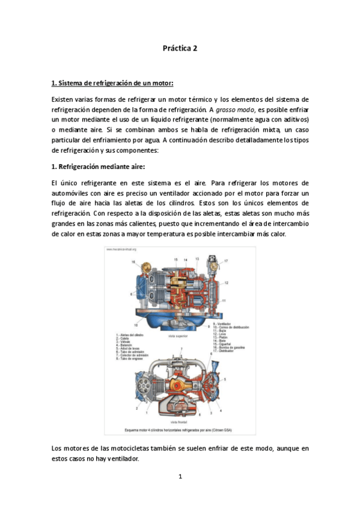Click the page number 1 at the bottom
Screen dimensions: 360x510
coord(180,476)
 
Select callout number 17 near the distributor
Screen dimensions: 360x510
coord(226,260)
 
